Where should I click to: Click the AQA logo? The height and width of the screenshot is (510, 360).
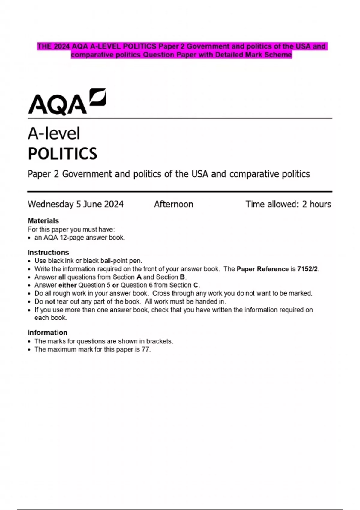click(67, 102)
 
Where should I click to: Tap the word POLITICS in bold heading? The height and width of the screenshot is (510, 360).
click(62, 154)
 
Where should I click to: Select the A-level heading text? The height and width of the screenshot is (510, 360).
click(54, 133)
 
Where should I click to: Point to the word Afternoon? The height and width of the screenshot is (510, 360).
click(173, 204)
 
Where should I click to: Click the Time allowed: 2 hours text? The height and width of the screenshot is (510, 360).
click(288, 204)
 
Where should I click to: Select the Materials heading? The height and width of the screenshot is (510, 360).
click(43, 221)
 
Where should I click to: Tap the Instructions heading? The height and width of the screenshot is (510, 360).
click(48, 252)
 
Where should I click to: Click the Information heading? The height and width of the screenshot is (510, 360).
click(47, 333)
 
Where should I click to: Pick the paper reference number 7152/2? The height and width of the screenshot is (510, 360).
click(307, 269)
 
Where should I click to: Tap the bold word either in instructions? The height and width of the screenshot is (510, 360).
click(67, 285)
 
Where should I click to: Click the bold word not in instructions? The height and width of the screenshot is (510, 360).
click(50, 301)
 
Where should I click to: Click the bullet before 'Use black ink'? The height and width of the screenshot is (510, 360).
click(29, 261)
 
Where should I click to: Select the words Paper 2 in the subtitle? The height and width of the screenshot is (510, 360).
click(43, 174)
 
